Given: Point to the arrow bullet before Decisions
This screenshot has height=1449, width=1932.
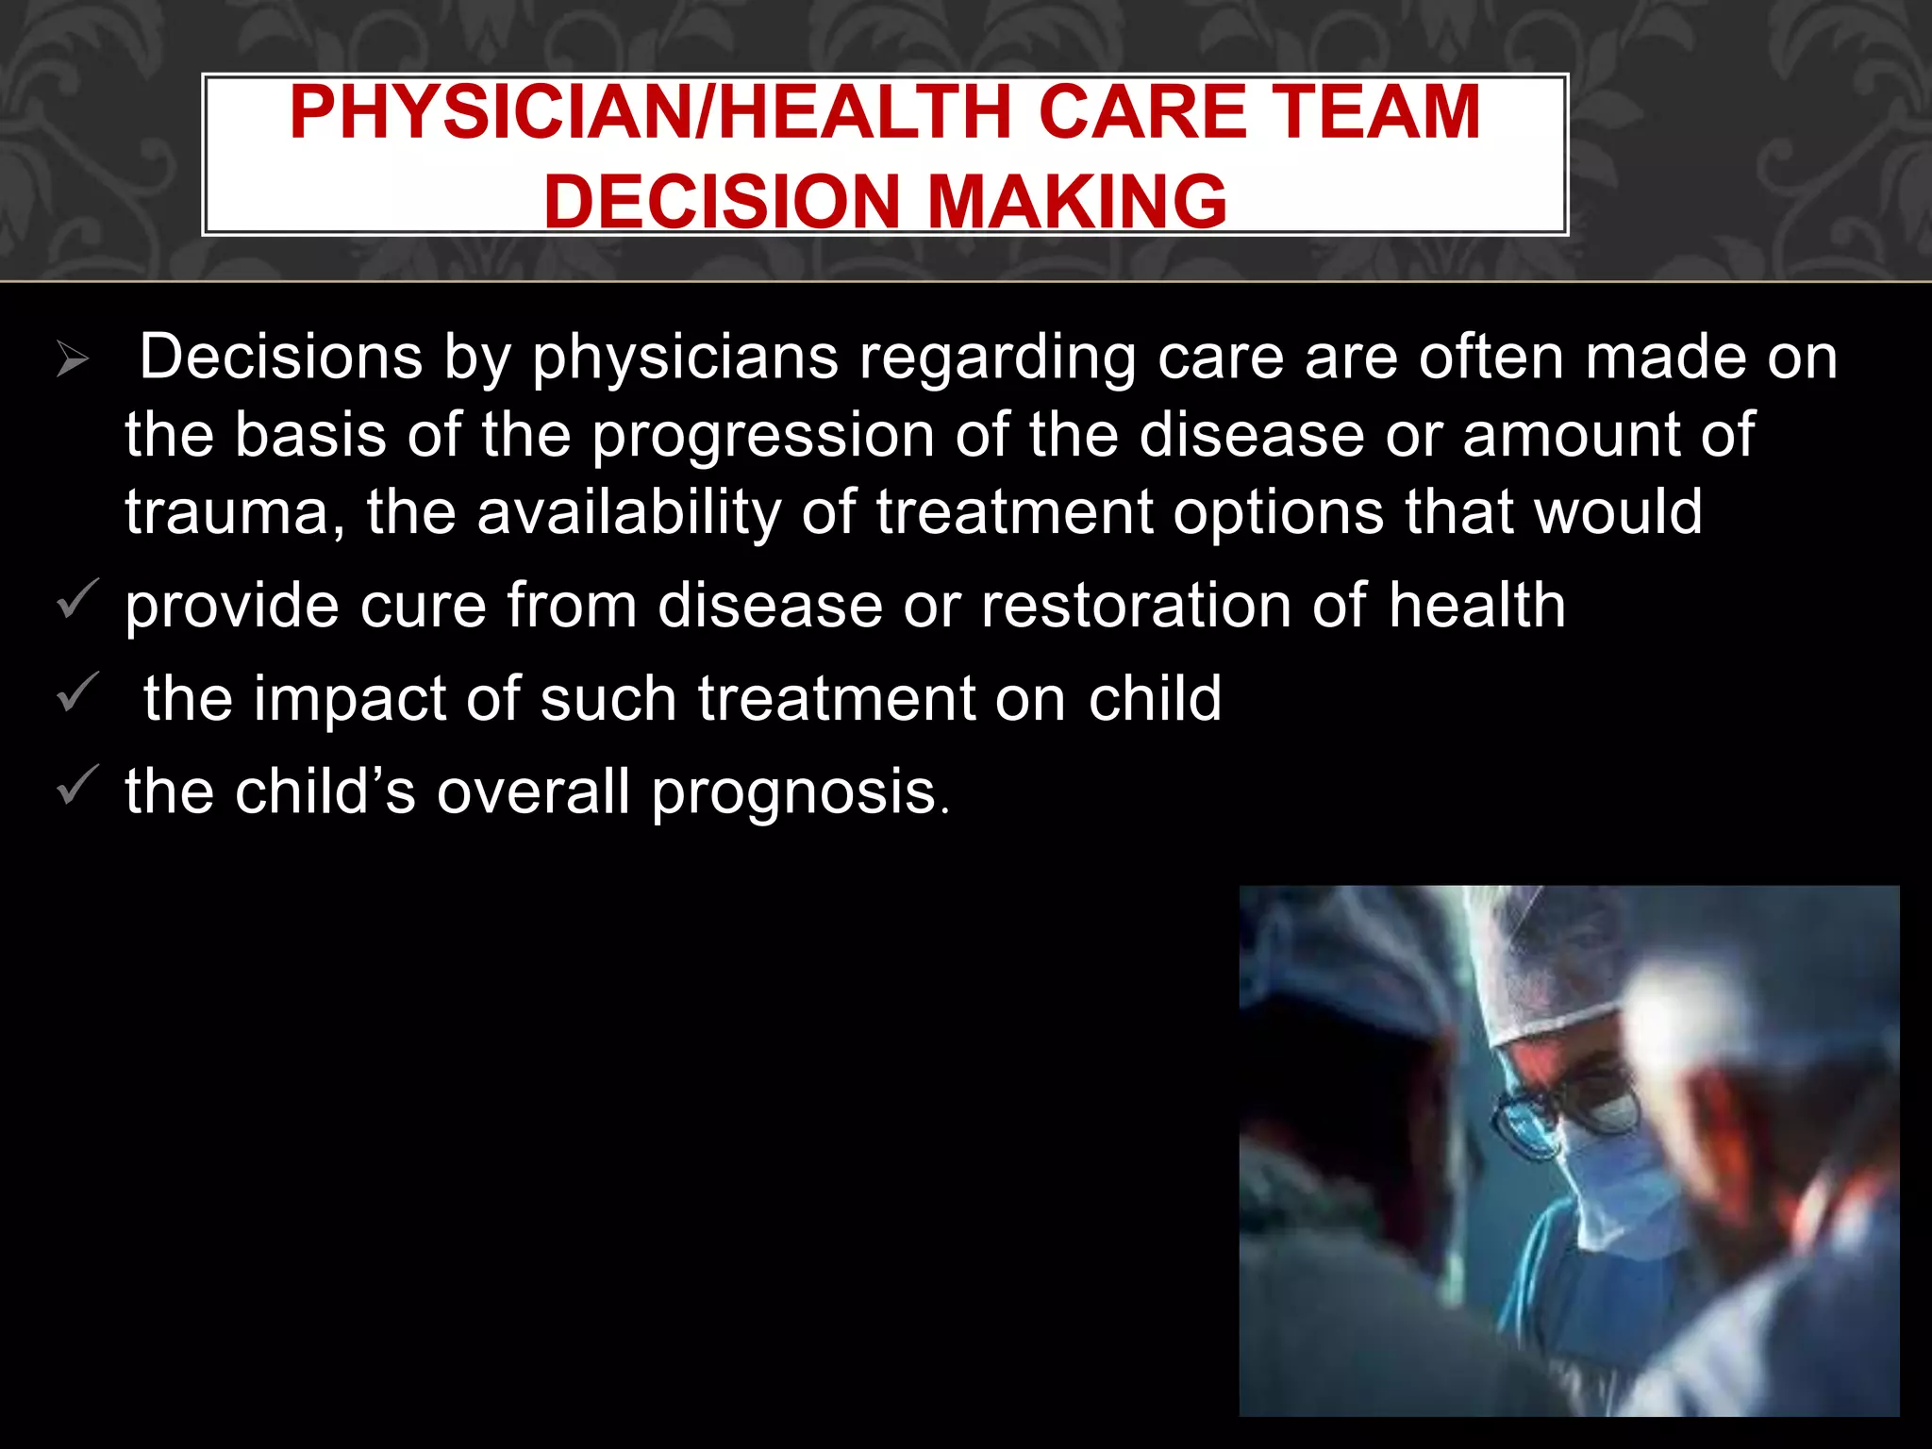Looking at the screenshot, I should (72, 359).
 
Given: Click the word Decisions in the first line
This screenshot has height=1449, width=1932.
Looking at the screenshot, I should (281, 358).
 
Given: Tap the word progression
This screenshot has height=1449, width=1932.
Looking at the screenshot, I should (763, 437).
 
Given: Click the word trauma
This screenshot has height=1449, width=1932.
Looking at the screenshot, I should (235, 513).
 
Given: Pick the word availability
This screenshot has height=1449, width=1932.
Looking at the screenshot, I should (629, 513).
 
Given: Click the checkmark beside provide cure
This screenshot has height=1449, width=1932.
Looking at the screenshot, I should (77, 601).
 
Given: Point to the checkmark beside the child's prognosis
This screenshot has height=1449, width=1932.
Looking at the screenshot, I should (77, 786).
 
